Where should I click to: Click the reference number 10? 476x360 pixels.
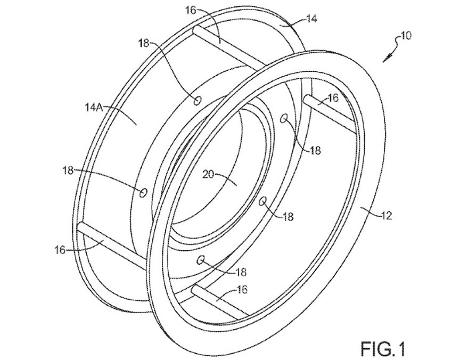click(x=405, y=36)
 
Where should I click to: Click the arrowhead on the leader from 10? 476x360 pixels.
click(x=387, y=58)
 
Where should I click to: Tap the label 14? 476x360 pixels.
click(x=311, y=19)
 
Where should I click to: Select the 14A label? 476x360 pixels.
click(x=94, y=107)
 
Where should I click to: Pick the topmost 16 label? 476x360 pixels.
click(x=192, y=11)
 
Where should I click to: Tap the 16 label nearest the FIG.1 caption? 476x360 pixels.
click(x=242, y=289)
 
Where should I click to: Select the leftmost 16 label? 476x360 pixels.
click(x=60, y=250)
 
